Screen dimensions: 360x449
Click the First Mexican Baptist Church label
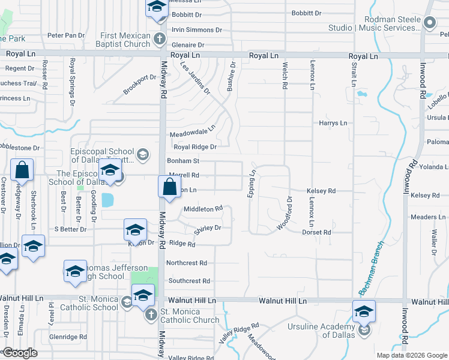[x=125, y=40]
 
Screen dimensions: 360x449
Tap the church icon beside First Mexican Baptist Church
[x=159, y=40]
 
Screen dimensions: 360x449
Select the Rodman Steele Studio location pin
[x=429, y=23]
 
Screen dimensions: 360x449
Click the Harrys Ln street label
[x=333, y=123]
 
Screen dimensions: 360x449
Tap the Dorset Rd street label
[x=316, y=232]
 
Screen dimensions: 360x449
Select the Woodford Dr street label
[x=285, y=213]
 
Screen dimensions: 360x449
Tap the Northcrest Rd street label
[x=187, y=263]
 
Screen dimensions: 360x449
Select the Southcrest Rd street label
[x=189, y=281]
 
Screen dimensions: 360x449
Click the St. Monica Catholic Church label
[x=190, y=316]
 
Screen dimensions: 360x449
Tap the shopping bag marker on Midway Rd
[x=169, y=187]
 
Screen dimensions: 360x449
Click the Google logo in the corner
[x=20, y=353]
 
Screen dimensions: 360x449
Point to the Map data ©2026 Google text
[x=412, y=355]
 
